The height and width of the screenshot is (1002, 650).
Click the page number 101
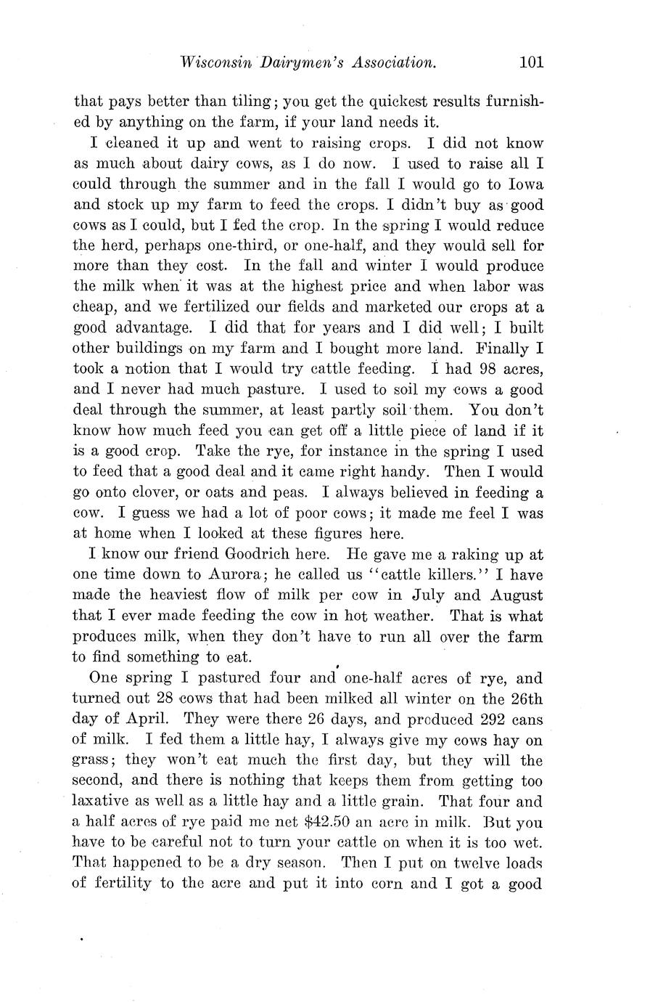[531, 62]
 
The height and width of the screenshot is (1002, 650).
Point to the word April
[149, 719]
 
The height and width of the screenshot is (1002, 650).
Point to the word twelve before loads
[475, 863]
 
